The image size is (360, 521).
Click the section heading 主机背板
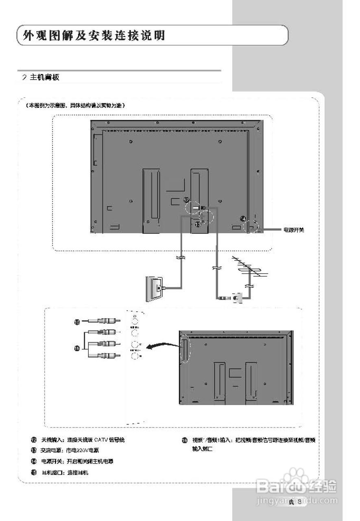44,77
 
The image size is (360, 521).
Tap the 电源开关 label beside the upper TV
294,230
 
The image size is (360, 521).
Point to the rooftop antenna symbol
248,269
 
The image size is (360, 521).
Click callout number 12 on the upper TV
186,200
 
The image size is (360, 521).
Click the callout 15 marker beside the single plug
77,322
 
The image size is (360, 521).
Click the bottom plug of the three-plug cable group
106,355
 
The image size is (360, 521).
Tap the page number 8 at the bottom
299,501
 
